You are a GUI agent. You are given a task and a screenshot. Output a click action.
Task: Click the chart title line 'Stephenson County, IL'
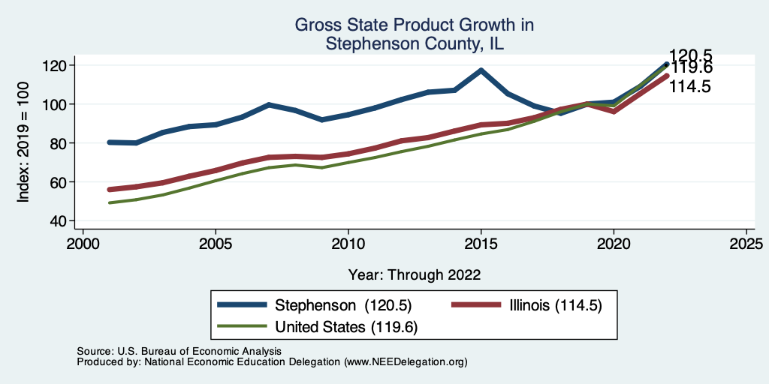(x=414, y=43)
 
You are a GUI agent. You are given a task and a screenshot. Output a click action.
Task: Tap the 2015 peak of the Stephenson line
(x=481, y=70)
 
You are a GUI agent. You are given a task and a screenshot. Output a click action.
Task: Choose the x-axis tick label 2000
(x=83, y=244)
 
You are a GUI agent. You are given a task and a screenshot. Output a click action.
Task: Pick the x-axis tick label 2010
(x=348, y=244)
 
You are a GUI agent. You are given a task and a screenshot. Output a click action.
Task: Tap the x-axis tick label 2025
(x=746, y=244)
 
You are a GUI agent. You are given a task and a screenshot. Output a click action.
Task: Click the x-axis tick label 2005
(x=216, y=244)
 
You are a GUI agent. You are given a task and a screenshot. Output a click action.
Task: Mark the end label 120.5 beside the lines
(x=691, y=55)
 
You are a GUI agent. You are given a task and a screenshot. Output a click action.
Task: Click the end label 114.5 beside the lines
(x=691, y=87)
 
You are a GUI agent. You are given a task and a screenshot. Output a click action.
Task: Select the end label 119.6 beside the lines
(x=691, y=68)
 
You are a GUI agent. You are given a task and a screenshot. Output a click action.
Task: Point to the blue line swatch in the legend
(x=242, y=305)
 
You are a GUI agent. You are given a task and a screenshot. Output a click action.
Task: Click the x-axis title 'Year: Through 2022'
(x=414, y=274)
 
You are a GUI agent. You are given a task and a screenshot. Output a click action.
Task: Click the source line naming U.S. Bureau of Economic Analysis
(x=179, y=351)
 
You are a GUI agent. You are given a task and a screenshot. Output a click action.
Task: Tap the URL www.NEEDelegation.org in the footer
(x=406, y=361)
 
